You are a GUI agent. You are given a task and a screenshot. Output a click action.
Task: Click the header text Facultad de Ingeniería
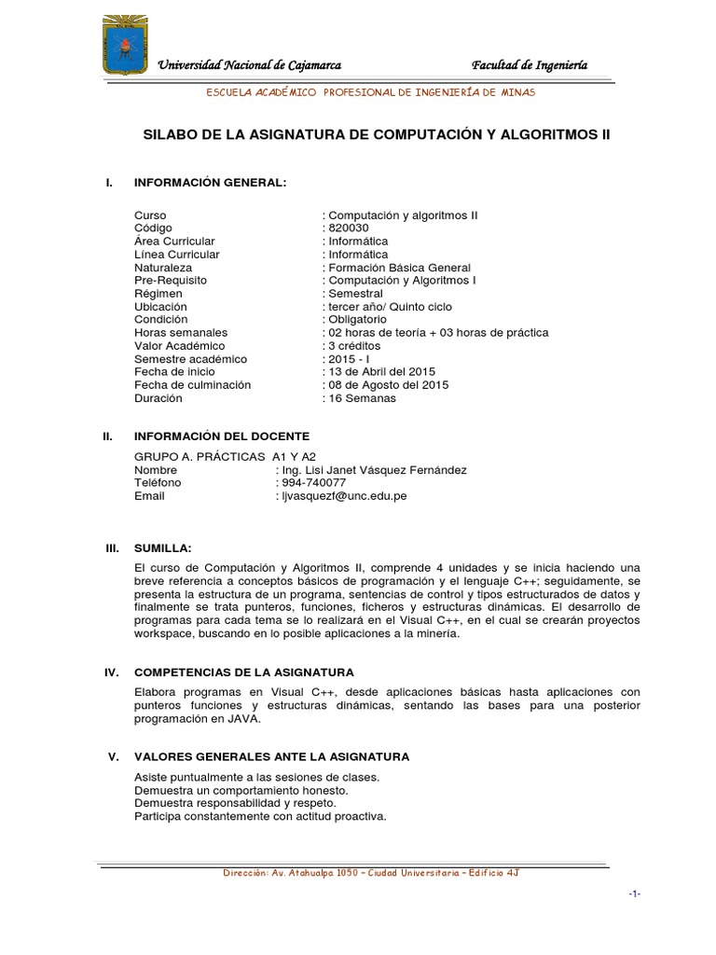530,64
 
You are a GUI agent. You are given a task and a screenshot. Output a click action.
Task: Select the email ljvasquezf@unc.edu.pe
343,496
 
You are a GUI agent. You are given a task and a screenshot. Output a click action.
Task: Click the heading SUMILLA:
163,547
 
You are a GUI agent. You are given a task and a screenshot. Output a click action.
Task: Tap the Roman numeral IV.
112,672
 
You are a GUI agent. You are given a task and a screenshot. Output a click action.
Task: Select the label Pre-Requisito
171,280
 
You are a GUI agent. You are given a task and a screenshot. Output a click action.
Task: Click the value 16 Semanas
360,398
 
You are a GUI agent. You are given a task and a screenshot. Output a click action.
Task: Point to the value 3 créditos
352,346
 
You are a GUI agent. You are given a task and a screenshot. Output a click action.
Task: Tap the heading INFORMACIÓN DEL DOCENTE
222,436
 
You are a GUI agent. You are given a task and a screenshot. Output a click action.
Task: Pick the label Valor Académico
180,346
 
